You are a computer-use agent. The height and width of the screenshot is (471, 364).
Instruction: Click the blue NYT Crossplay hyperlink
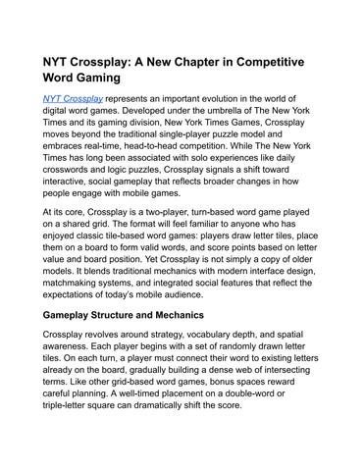(x=73, y=98)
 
